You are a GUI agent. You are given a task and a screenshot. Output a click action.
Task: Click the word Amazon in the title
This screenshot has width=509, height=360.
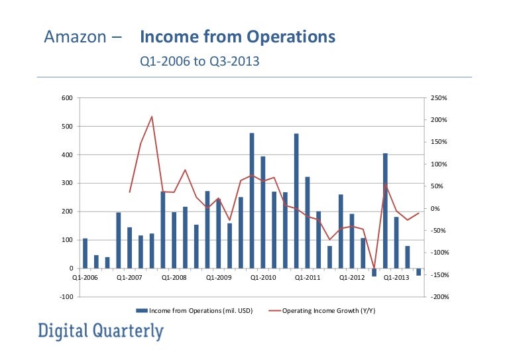click(73, 37)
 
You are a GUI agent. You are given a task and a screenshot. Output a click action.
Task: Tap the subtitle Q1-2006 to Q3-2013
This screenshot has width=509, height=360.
click(198, 62)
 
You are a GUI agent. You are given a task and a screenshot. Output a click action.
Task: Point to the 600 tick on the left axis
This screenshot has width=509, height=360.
click(66, 98)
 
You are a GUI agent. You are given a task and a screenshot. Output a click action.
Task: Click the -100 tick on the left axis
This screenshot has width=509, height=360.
click(65, 297)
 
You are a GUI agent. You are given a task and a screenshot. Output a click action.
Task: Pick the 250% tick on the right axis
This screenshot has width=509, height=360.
click(439, 98)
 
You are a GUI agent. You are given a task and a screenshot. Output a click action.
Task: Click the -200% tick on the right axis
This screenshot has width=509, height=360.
click(440, 297)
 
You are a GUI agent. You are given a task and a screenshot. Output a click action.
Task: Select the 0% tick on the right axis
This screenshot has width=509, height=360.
click(435, 209)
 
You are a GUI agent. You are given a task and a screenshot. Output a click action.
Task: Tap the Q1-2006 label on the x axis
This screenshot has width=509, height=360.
click(85, 278)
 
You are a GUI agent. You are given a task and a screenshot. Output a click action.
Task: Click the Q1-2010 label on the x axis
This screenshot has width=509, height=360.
click(263, 278)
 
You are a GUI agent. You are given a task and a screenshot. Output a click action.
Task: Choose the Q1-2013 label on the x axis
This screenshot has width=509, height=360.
click(397, 278)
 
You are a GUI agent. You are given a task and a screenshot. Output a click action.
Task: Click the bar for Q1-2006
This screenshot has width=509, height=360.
click(85, 253)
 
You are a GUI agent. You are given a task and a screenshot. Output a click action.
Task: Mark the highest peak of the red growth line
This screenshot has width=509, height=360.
click(152, 117)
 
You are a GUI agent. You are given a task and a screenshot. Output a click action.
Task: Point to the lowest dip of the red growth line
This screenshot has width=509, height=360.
click(374, 267)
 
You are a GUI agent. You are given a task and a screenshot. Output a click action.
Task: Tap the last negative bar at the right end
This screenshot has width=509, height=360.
click(419, 272)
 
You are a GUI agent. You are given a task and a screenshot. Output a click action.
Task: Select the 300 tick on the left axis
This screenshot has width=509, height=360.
click(66, 183)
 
